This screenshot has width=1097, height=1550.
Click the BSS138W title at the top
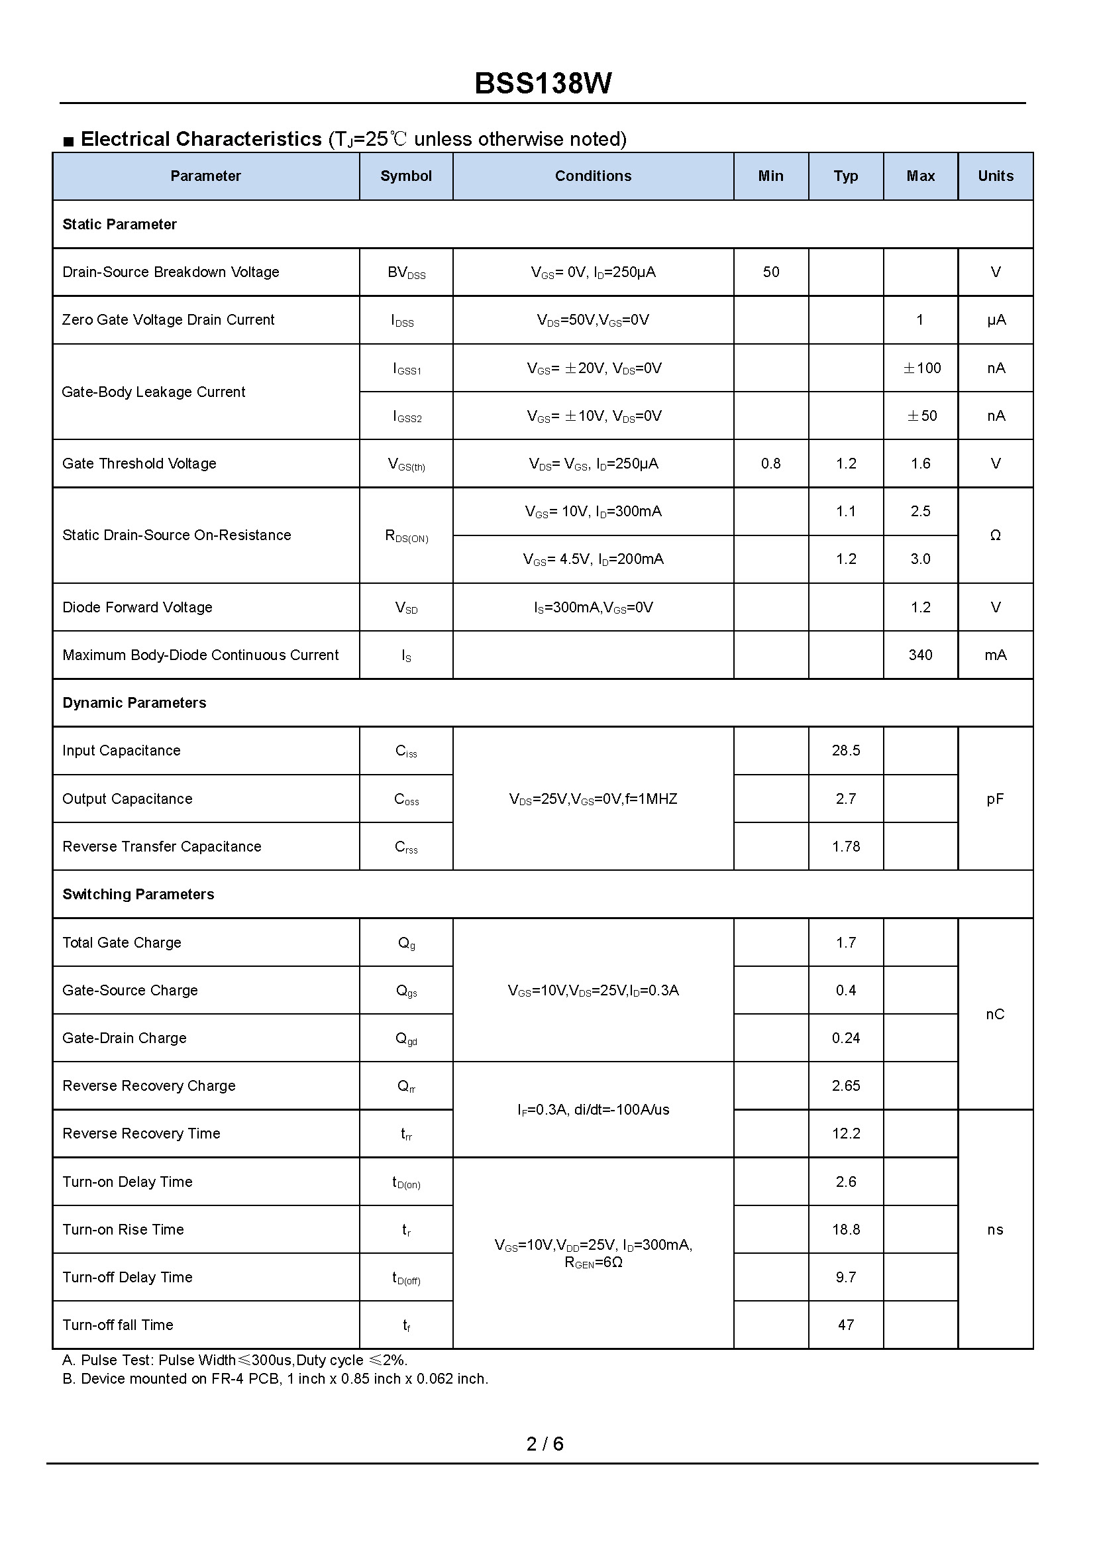tap(543, 83)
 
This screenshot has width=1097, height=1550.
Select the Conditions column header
tap(593, 176)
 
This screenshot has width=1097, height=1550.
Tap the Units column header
tap(995, 176)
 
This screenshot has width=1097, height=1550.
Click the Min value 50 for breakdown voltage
tap(770, 272)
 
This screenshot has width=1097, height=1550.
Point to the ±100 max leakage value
tap(921, 368)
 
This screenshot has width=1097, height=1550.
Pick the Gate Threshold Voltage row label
tap(139, 463)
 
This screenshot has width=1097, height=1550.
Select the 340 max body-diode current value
tap(920, 655)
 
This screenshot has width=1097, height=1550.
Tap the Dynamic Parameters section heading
tap(134, 702)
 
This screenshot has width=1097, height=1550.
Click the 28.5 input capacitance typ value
tap(846, 751)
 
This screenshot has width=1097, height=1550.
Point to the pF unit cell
tap(994, 799)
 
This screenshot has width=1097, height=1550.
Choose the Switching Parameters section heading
tap(138, 894)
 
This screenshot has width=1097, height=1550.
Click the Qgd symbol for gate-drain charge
tap(406, 1038)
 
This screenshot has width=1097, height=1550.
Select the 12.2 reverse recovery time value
tap(846, 1133)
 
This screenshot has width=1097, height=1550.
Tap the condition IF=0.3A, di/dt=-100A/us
tap(593, 1109)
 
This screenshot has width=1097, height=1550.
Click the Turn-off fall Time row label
tap(118, 1325)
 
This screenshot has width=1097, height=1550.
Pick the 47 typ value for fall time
tap(846, 1325)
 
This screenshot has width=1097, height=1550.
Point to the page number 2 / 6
tap(545, 1443)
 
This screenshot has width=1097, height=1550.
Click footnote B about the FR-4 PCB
tap(275, 1378)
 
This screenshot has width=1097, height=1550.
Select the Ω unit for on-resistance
tap(994, 535)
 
